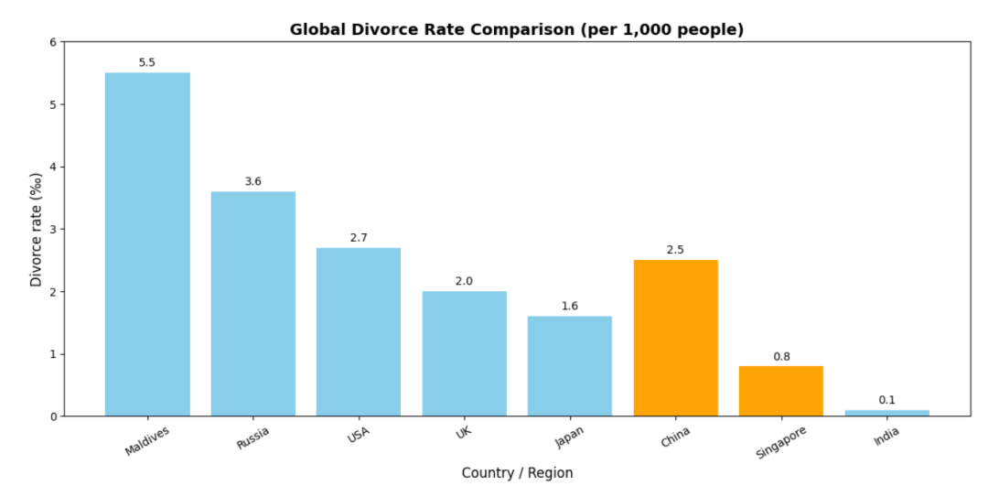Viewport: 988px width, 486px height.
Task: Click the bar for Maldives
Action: [x=147, y=244]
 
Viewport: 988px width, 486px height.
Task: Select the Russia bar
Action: [x=253, y=304]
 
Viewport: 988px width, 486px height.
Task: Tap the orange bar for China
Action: [x=675, y=338]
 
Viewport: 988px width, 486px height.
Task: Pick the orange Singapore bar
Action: [x=781, y=391]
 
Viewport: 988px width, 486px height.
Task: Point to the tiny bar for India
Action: [x=886, y=413]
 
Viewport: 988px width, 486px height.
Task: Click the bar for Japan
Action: [x=569, y=366]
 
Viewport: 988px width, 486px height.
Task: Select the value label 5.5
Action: [x=147, y=62]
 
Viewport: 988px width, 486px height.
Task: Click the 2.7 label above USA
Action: [x=359, y=238]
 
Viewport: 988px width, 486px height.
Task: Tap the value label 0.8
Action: [x=781, y=356]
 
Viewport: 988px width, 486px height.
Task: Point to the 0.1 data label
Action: [x=886, y=400]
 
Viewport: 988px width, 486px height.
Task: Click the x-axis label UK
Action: [x=465, y=431]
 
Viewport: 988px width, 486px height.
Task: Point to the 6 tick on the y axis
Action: [x=53, y=42]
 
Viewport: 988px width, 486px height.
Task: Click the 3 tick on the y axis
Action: [x=53, y=230]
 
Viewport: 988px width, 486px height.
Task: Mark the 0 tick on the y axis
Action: [x=53, y=416]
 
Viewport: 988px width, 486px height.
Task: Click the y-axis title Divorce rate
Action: [x=37, y=229]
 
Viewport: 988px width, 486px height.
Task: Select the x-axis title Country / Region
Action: [x=517, y=472]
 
